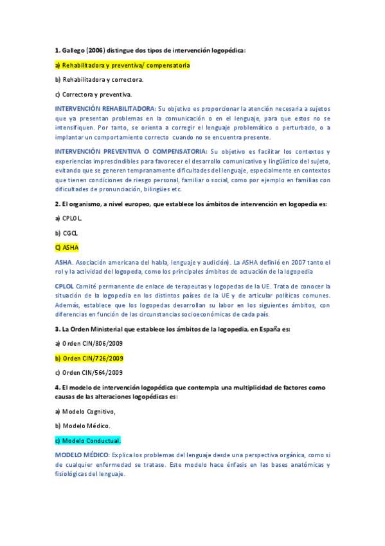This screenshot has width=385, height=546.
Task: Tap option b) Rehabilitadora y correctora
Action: pos(100,80)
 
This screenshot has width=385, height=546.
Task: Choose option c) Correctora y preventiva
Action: pos(93,95)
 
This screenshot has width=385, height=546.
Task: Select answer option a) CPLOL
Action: pos(69,218)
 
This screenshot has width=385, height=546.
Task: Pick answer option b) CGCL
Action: pos(67,233)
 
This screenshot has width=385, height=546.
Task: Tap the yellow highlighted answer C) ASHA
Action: pos(67,248)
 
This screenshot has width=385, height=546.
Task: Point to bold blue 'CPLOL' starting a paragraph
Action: pos(64,286)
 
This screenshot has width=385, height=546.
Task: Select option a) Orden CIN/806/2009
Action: pos(89,343)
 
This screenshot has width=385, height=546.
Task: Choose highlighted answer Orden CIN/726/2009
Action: pos(93,358)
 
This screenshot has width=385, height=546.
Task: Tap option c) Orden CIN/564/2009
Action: pos(89,373)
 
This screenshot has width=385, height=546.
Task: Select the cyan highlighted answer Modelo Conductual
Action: pos(88,440)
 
